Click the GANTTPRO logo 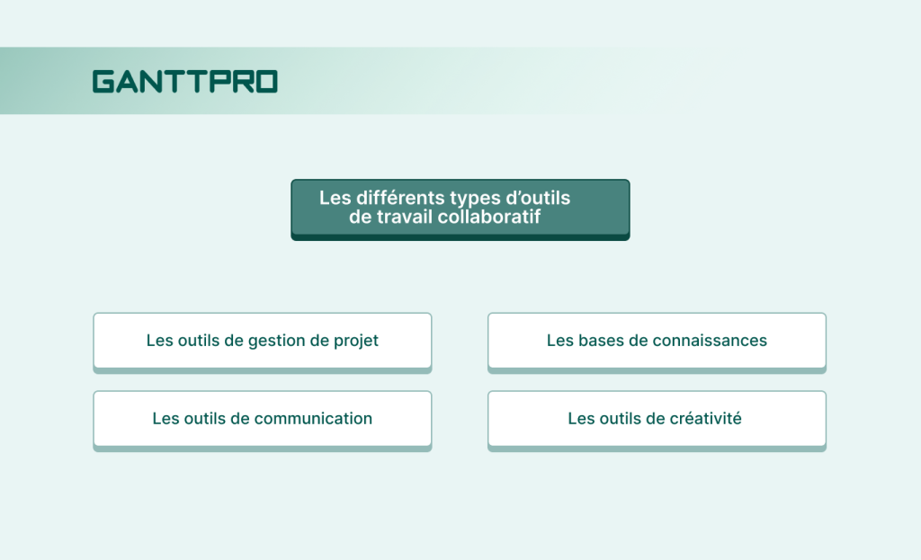184,82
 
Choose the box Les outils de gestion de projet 262,341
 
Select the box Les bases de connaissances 657,341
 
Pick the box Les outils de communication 262,419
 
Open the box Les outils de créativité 657,419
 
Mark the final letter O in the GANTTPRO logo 267,82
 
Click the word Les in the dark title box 334,199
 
